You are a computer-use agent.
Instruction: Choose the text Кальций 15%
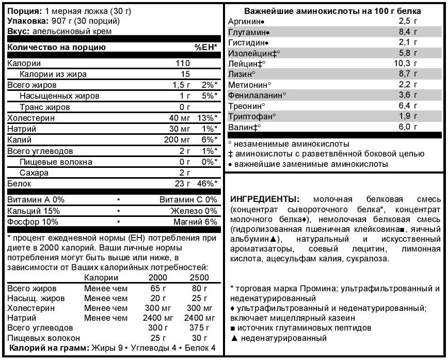(34, 211)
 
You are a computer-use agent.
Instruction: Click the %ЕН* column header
(206, 48)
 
